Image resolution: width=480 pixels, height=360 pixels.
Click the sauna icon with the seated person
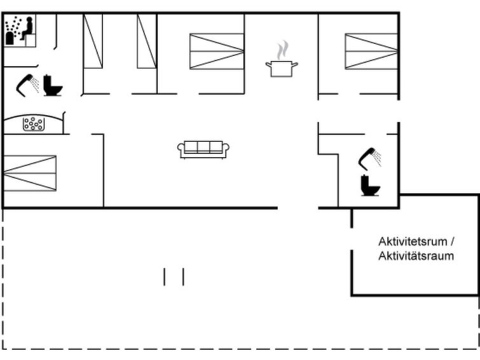pos(20,31)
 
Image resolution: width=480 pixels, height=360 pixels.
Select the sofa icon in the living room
pos(203,149)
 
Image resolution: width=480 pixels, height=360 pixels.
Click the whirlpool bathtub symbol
pos(33,124)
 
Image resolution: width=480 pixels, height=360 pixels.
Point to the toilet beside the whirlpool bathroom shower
pos(52,85)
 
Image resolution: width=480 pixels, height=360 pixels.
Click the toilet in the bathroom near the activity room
pos(370,185)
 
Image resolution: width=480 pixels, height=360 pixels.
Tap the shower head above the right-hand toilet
pos(370,158)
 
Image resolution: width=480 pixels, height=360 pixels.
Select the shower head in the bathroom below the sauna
pos(27,85)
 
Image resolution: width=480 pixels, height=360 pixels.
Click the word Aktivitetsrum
pos(413,242)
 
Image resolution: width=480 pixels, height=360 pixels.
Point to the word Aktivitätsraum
pos(416,256)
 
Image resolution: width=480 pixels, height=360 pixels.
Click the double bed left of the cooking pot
pos(217,51)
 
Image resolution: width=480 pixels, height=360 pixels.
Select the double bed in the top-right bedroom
pos(371,51)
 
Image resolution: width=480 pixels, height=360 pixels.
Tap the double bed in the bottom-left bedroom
pos(30,173)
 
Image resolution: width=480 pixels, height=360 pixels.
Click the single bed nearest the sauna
pos(93,41)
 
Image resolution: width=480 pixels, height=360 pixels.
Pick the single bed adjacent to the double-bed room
pos(147,41)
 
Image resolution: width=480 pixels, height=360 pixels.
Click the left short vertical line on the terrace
pos(165,277)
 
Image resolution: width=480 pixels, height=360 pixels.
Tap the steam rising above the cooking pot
pos(282,50)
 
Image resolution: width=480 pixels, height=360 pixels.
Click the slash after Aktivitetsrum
pos(452,242)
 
